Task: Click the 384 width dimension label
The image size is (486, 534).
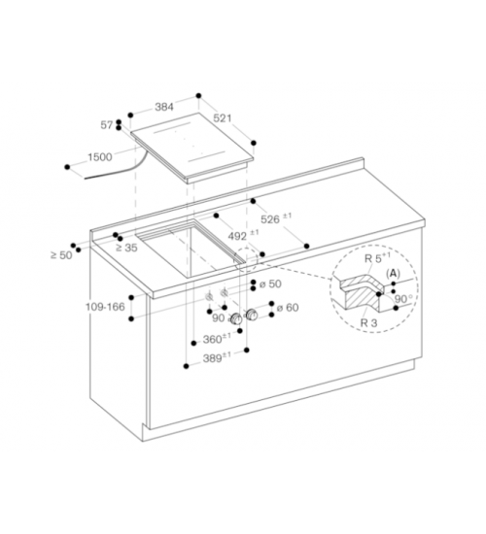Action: coord(164,107)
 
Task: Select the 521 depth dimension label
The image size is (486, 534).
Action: coord(223,118)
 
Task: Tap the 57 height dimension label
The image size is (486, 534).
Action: coord(106,125)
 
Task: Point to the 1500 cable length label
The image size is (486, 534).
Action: coord(100,157)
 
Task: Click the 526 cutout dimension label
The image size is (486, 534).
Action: coord(276,218)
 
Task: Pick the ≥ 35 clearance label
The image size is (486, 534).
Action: coord(127,248)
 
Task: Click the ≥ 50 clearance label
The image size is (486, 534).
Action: coord(62,254)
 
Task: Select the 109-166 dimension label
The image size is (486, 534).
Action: coord(105,307)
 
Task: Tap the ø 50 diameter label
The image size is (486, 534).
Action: coord(270,284)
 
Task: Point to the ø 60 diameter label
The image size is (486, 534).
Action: coord(288,308)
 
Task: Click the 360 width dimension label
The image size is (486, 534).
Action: coord(217,339)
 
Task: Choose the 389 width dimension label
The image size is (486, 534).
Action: coord(217,358)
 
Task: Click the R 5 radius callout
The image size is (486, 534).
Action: coord(377,258)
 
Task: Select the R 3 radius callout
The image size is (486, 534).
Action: coord(369,322)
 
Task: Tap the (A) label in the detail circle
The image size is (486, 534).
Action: coord(393,274)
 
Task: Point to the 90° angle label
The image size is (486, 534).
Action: coord(403,299)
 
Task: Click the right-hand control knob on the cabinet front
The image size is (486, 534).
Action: coord(252,315)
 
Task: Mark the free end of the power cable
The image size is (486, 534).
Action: coord(85,178)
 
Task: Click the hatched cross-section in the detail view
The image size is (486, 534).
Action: coord(363,293)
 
